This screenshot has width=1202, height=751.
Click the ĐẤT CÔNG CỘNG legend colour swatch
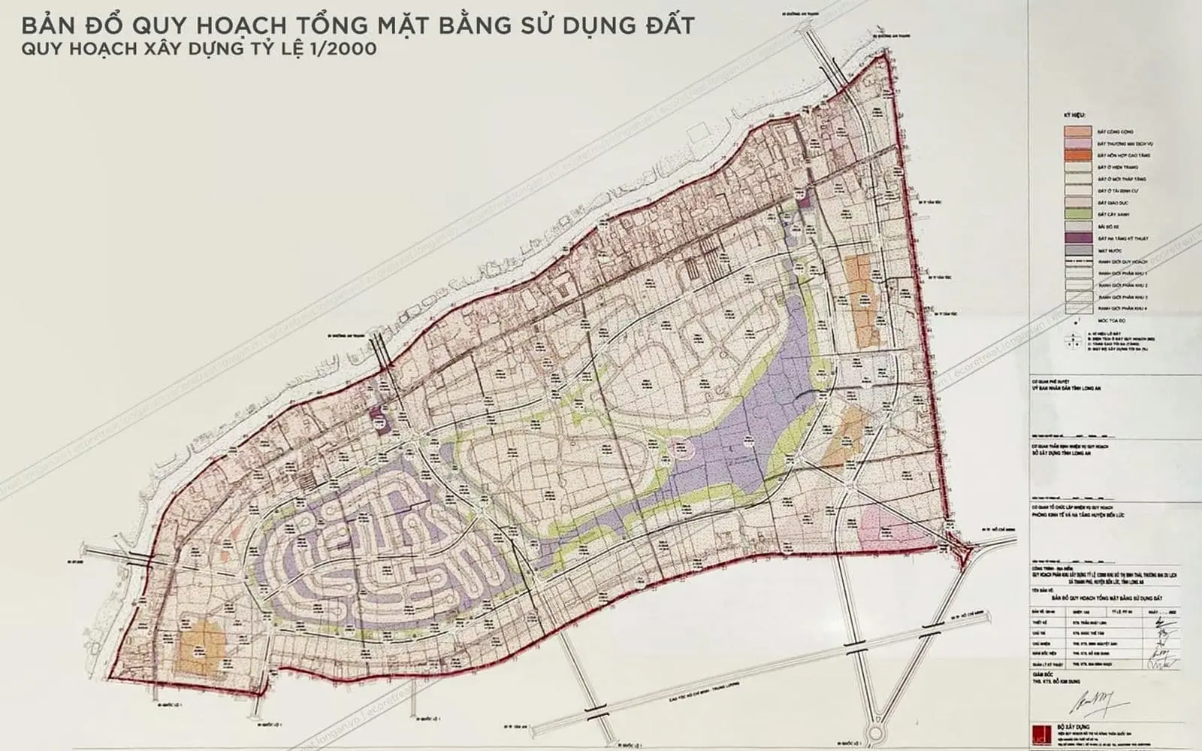tap(1077, 131)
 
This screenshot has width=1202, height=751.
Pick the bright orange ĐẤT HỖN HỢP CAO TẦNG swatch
tap(1077, 155)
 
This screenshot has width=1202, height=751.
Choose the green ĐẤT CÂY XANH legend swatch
tap(1077, 215)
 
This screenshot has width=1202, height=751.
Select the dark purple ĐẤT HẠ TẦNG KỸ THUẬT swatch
tap(1077, 239)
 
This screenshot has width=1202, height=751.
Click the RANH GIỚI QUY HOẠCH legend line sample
tap(1077, 262)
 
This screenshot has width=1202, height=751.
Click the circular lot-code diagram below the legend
tap(1075, 341)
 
